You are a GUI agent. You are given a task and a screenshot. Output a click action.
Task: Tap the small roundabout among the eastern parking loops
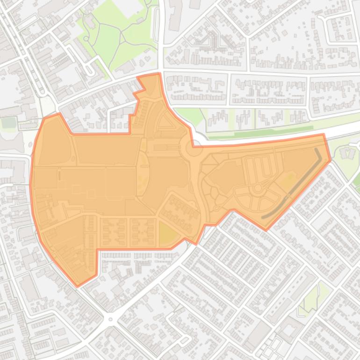coord(257,188)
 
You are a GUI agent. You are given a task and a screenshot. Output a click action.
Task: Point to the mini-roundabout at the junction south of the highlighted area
coord(111,320)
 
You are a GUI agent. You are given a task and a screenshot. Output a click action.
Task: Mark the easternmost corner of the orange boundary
coord(331,159)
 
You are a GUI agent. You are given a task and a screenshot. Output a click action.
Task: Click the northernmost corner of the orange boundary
coord(159,73)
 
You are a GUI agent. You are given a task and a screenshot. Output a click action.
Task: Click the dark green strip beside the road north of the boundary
coord(281,130)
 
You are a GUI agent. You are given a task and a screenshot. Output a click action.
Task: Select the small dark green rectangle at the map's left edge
coord(8,122)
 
